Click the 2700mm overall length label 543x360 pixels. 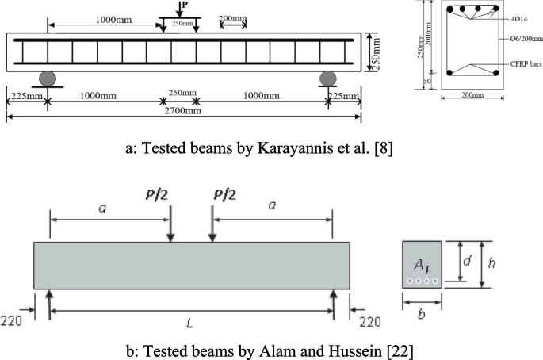[184, 110]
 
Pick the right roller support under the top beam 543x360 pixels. [327, 79]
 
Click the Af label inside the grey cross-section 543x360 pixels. [419, 266]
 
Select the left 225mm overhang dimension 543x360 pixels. [24, 96]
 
